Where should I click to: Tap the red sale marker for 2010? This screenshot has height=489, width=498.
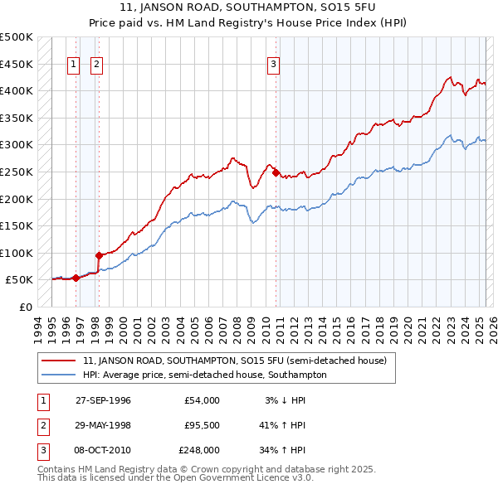(x=275, y=172)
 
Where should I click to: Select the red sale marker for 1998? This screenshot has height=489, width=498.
(x=99, y=255)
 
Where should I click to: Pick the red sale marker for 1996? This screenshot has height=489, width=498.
(x=76, y=278)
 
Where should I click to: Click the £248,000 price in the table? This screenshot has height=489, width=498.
(x=199, y=450)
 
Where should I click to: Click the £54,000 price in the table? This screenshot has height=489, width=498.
(x=202, y=400)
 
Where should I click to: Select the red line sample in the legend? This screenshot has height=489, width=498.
(x=59, y=361)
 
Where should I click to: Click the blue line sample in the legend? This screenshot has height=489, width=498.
(x=59, y=375)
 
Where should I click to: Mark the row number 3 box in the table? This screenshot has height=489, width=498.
(x=40, y=450)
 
